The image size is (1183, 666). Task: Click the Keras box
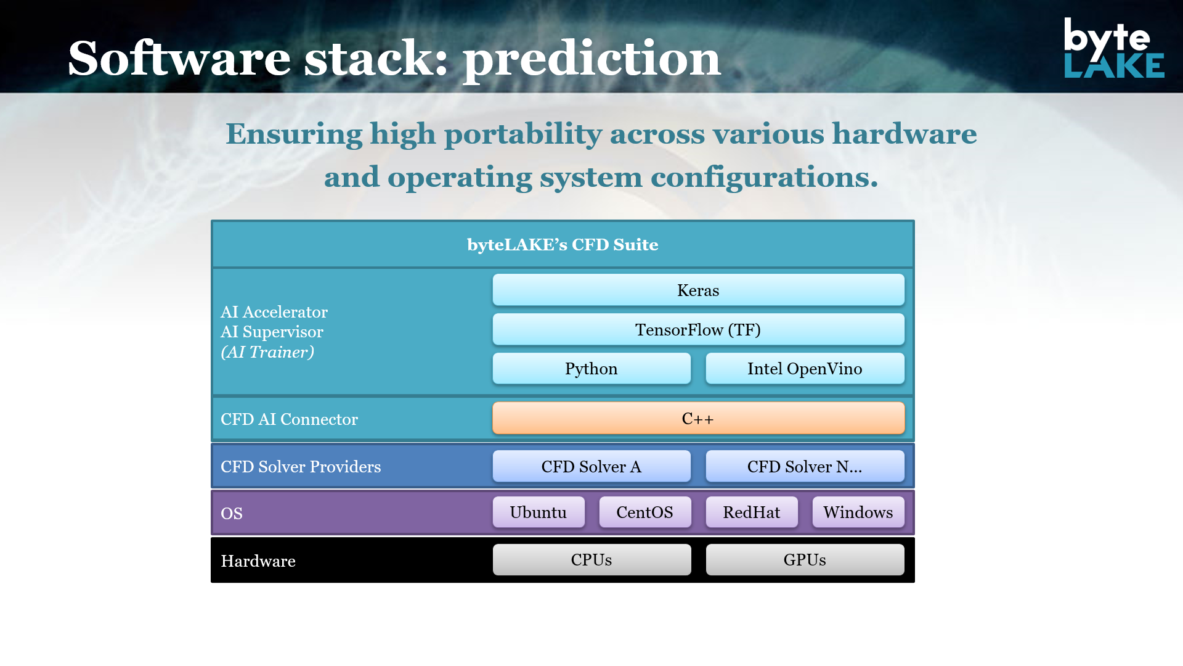(698, 290)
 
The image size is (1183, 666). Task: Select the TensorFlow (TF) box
(698, 329)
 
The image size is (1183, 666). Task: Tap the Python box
(591, 368)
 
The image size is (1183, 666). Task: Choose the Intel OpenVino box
(805, 368)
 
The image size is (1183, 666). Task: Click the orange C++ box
(698, 418)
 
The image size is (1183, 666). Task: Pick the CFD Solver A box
(591, 466)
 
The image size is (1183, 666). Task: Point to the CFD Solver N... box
(805, 466)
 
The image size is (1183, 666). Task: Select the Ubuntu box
(539, 512)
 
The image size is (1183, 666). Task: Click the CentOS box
(645, 512)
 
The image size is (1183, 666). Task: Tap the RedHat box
(752, 512)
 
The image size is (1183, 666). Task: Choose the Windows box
(858, 512)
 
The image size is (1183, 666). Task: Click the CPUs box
(591, 559)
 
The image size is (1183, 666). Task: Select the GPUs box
(805, 559)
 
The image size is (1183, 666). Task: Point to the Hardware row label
(258, 561)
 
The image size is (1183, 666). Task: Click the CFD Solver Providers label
(301, 466)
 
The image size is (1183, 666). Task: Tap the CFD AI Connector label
(289, 419)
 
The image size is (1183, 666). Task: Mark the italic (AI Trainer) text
(267, 352)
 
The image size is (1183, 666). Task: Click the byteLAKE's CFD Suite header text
(563, 244)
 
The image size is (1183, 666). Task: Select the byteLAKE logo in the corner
(1114, 47)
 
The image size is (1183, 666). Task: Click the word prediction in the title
(591, 59)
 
